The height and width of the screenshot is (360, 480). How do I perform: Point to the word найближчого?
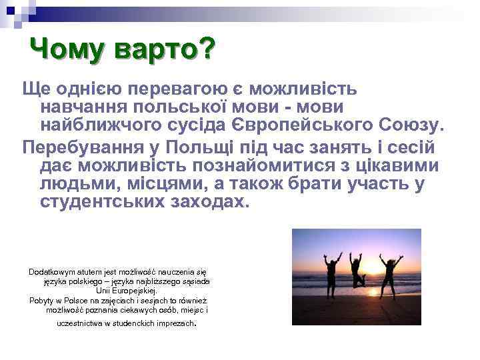point(105,124)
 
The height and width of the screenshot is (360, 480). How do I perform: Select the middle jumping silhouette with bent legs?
point(357,268)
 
